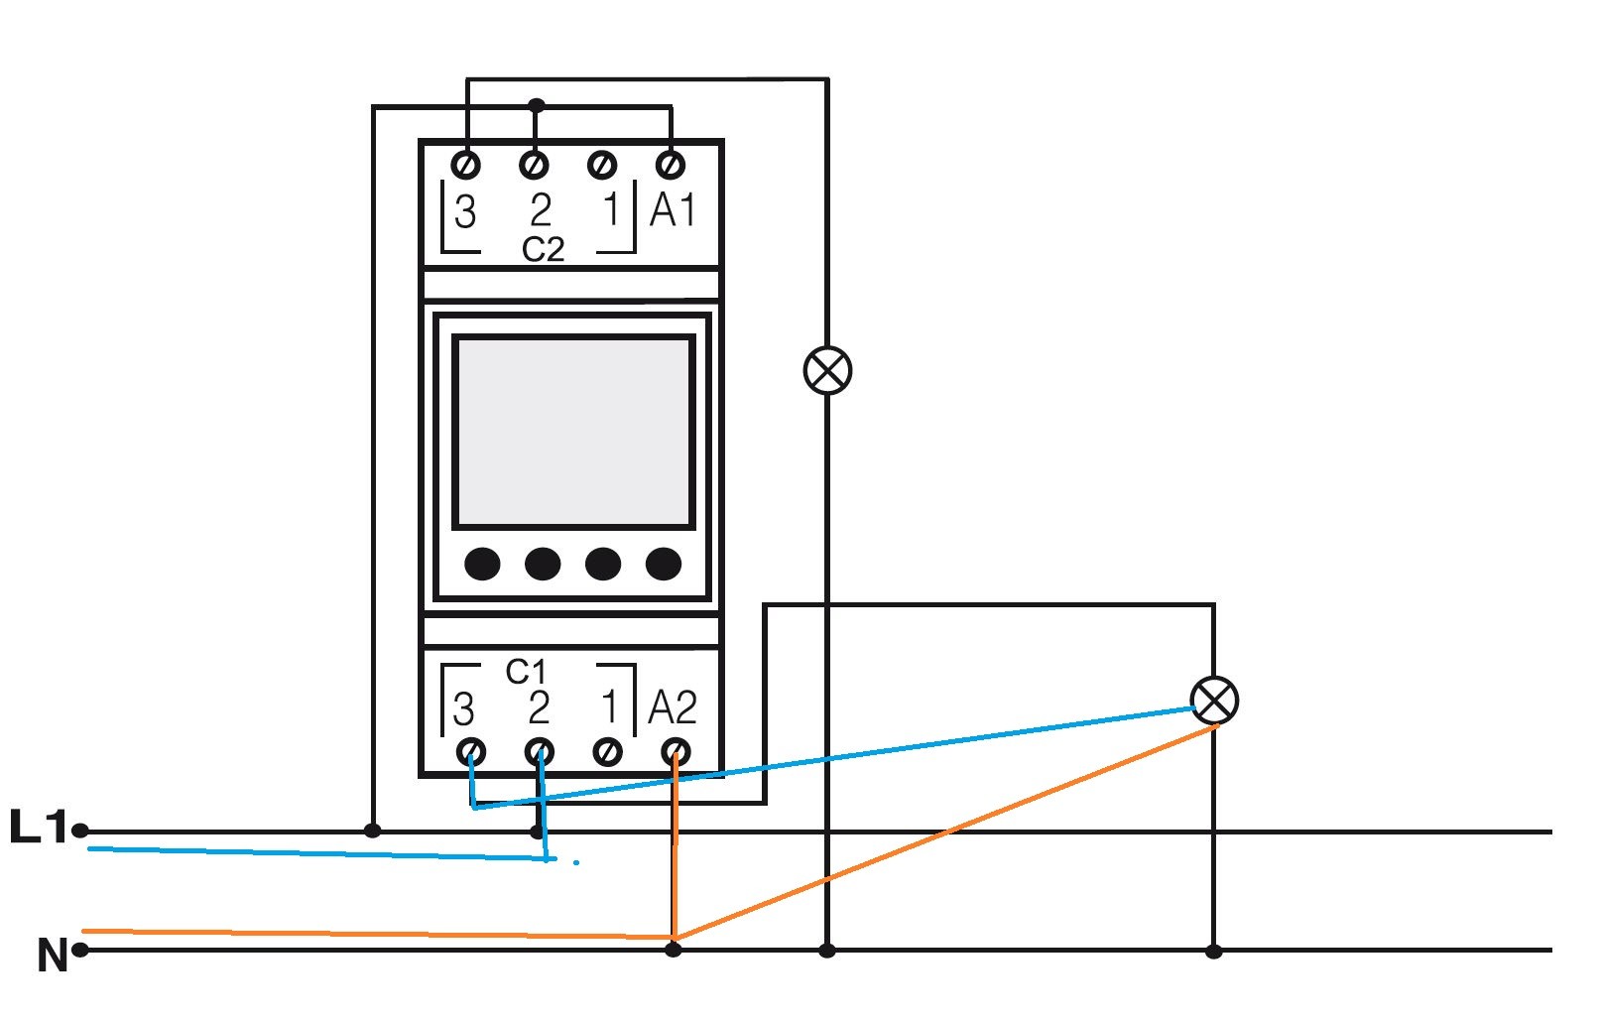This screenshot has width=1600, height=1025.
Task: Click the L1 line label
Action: [x=38, y=827]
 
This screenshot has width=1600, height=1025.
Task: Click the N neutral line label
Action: [x=52, y=955]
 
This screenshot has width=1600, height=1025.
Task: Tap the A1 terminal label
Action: [x=673, y=210]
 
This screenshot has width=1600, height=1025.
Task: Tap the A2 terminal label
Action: [x=673, y=707]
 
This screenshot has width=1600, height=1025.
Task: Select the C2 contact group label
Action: [x=543, y=249]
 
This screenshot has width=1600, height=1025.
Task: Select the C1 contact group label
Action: [x=526, y=672]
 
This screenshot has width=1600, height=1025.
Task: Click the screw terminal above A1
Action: [x=672, y=163]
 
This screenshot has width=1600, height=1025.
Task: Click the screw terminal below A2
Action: [x=676, y=751]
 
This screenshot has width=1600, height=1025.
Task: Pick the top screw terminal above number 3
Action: [x=466, y=163]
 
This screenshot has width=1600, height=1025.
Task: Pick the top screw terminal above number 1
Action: [x=602, y=164]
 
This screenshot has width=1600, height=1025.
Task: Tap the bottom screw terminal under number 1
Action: [x=607, y=751]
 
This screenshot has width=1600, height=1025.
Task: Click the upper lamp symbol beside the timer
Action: [x=827, y=371]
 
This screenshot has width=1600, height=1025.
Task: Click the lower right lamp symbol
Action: [x=1213, y=701]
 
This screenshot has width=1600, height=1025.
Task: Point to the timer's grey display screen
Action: [x=573, y=433]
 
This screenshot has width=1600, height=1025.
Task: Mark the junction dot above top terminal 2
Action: [x=536, y=104]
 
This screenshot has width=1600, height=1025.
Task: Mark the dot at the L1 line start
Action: [x=80, y=831]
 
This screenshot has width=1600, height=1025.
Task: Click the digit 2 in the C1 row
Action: [x=539, y=707]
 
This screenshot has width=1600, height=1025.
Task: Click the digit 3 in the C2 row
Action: [x=464, y=211]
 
